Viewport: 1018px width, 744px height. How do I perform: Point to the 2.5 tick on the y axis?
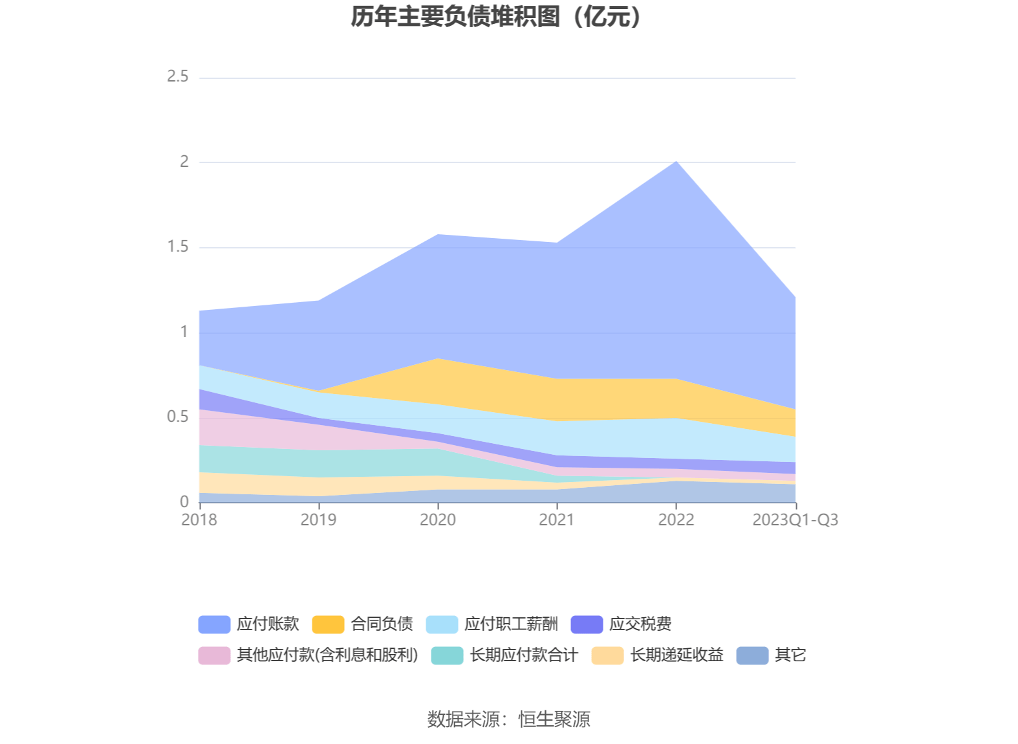pos(178,77)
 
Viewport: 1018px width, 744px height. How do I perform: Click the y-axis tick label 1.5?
pos(178,247)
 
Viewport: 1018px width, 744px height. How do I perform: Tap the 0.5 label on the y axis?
pos(178,417)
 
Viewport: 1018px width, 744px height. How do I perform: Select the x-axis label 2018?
pos(199,520)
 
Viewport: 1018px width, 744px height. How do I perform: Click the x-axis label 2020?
pos(438,520)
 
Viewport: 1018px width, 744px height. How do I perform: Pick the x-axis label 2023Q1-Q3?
pos(795,520)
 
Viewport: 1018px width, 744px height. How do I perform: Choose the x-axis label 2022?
pos(676,520)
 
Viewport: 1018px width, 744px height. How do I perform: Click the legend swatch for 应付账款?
pos(214,624)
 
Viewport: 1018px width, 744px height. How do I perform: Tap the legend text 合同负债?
pos(382,624)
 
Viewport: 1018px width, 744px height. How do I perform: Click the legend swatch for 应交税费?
pos(587,624)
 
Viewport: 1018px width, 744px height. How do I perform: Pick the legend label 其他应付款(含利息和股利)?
pos(327,655)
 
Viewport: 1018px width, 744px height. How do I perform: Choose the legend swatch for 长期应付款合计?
pos(447,655)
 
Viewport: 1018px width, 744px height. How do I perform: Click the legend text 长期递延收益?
pos(677,655)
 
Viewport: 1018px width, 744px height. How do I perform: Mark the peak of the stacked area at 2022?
pos(676,161)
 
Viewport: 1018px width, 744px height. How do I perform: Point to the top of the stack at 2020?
pos(438,234)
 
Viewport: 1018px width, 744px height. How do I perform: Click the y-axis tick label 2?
pos(184,162)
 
